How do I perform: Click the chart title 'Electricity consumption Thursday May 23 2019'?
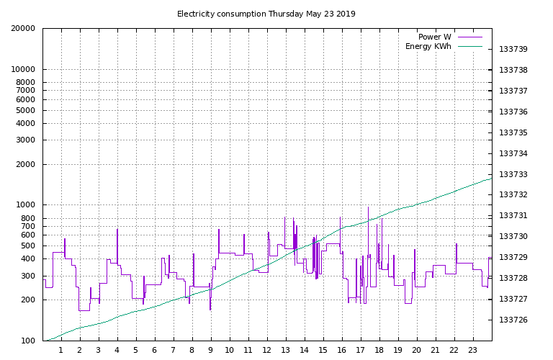click(266, 14)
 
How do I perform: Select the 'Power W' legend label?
click(434, 37)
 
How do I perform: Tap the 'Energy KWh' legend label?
click(428, 47)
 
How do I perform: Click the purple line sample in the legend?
click(469, 37)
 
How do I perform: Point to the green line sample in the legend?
click(469, 47)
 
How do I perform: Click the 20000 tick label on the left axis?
click(23, 29)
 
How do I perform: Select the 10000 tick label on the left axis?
click(23, 69)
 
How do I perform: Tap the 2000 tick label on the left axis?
click(25, 164)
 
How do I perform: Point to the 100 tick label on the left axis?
click(28, 341)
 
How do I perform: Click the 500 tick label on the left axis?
click(28, 246)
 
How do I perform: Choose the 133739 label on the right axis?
click(513, 50)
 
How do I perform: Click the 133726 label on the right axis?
click(513, 320)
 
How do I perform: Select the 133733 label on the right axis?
click(513, 174)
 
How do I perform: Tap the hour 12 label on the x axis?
click(266, 350)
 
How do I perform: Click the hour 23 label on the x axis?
click(472, 350)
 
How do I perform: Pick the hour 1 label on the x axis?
click(61, 350)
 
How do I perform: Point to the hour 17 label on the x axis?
click(360, 350)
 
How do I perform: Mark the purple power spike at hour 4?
click(117, 247)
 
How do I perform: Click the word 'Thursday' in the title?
click(285, 14)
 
